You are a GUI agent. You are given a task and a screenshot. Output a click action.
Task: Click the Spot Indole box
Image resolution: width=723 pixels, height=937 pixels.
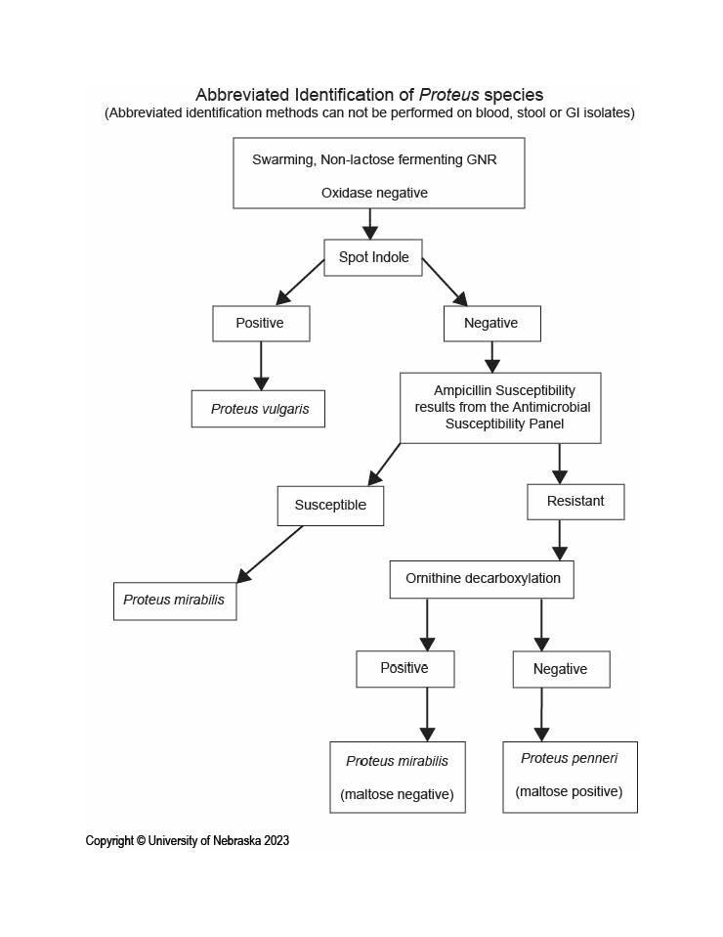pos(373,257)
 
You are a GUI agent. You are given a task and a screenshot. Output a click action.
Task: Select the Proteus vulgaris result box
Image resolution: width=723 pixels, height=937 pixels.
pos(258,409)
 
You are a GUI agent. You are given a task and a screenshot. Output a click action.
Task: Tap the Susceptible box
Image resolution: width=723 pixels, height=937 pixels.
pos(330,506)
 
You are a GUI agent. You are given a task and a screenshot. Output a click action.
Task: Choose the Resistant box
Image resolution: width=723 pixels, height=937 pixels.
pos(575,502)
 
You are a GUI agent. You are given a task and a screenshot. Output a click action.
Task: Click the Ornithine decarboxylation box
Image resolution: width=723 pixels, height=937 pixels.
pos(482,579)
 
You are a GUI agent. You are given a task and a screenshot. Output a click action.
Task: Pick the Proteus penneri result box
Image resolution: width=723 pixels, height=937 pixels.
pos(571,777)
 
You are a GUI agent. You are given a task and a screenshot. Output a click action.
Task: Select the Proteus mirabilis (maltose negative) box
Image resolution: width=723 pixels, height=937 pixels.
pos(398,777)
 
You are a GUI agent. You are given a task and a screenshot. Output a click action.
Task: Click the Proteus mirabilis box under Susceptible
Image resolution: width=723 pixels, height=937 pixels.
pos(175,602)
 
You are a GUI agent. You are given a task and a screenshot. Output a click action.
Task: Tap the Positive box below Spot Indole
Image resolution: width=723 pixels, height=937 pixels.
pos(261,324)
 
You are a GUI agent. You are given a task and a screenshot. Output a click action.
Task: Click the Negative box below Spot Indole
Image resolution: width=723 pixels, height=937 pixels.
pos(492,324)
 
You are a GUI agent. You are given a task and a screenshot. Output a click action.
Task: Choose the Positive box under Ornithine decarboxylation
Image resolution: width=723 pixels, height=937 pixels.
pos(405,669)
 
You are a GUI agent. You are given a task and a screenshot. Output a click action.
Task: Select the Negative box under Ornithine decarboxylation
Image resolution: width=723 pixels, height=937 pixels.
pos(561,669)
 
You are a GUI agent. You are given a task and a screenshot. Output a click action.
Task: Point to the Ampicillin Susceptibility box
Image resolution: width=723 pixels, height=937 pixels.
pos(500,408)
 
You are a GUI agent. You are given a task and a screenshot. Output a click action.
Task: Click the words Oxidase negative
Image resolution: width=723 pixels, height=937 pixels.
pos(374,193)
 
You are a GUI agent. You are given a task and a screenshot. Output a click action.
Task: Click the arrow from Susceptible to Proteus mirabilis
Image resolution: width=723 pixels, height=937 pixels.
pos(270,554)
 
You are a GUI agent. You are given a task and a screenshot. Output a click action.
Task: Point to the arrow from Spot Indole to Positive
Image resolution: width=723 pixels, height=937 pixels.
pos(300,282)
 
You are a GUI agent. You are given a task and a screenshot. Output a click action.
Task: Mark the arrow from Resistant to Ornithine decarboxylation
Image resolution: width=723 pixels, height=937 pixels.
pos(560,540)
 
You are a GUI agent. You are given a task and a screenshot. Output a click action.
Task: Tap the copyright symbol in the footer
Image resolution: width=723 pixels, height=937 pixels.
pos(141,841)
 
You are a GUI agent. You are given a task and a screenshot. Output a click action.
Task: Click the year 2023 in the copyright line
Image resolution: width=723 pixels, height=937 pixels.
pos(276,841)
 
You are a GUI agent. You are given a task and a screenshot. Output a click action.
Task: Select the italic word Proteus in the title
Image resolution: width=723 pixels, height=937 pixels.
pos(449,95)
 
